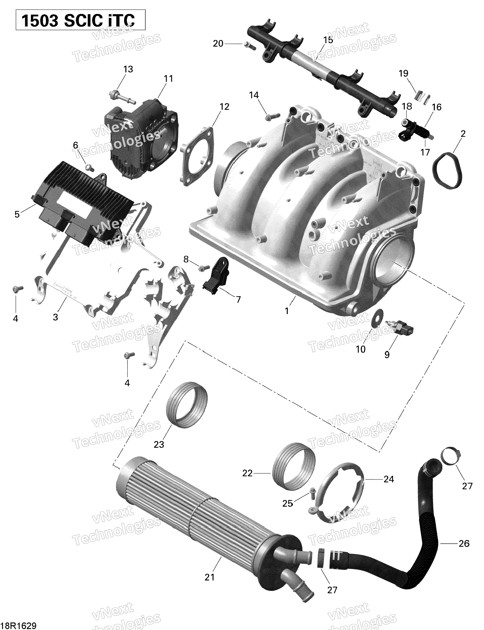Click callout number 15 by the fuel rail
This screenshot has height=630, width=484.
[x=328, y=40]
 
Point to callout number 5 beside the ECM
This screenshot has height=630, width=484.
[x=17, y=214]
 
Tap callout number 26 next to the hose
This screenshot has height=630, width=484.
[x=464, y=543]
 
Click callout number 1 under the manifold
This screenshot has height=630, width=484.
[x=287, y=311]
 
